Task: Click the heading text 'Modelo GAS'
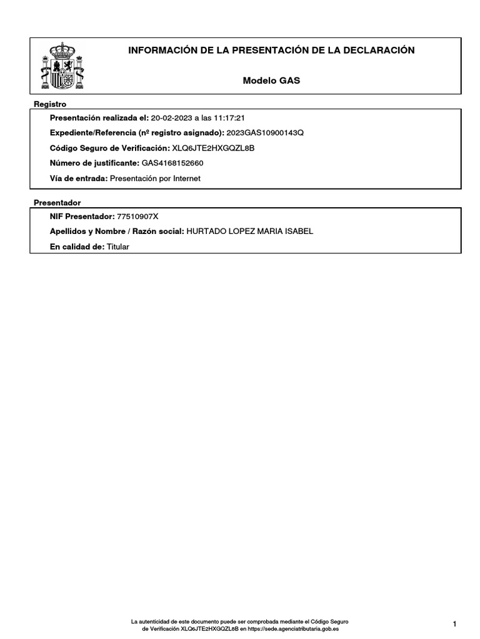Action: click(x=271, y=81)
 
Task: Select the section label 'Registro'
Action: click(x=50, y=104)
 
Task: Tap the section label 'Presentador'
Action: click(x=57, y=203)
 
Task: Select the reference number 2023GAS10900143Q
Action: click(x=265, y=133)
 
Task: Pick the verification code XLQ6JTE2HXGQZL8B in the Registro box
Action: click(x=213, y=148)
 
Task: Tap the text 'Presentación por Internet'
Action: click(x=156, y=178)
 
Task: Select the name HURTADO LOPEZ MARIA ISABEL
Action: click(x=250, y=232)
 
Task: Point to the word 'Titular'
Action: click(x=117, y=246)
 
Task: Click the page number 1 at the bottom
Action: click(x=456, y=624)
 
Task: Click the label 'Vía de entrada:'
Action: click(x=79, y=178)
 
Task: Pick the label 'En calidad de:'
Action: click(x=77, y=246)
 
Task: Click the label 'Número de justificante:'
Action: click(x=94, y=163)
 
